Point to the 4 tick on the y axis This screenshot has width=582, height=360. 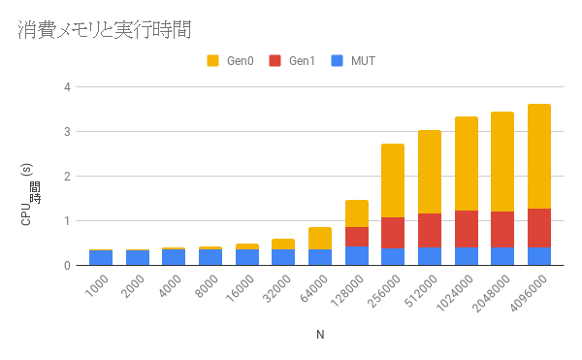pyautogui.click(x=67, y=87)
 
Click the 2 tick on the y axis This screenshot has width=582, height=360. pyautogui.click(x=67, y=177)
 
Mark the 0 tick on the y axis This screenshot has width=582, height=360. pyautogui.click(x=67, y=266)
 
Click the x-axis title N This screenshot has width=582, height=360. pyautogui.click(x=320, y=335)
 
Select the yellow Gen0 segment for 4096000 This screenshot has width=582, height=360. pyautogui.click(x=539, y=156)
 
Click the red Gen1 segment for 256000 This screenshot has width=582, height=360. pyautogui.click(x=393, y=233)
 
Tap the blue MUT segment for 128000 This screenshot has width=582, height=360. pyautogui.click(x=357, y=255)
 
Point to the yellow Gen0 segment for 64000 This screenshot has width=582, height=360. pyautogui.click(x=320, y=239)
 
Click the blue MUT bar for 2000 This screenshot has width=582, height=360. pyautogui.click(x=138, y=257)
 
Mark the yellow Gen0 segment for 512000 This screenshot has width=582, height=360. pyautogui.click(x=430, y=172)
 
